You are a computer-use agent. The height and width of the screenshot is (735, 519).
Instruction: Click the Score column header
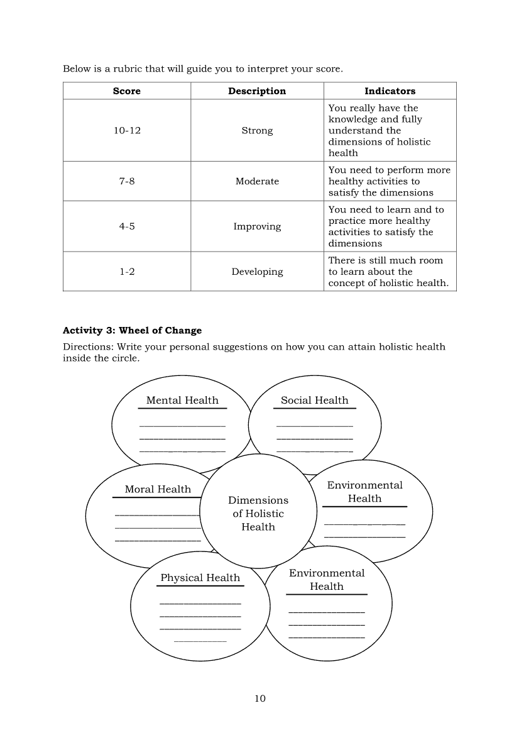click(127, 91)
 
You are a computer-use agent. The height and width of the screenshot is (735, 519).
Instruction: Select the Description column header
click(257, 91)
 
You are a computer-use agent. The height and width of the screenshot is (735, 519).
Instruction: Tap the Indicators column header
click(390, 91)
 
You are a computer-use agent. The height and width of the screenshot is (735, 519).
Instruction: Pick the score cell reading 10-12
click(127, 131)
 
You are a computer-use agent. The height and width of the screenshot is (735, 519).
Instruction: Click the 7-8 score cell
click(127, 181)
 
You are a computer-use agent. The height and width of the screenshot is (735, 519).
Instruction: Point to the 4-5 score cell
click(127, 226)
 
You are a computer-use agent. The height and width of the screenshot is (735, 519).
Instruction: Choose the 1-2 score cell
click(127, 272)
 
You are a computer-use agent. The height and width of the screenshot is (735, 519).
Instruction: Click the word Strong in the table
click(257, 131)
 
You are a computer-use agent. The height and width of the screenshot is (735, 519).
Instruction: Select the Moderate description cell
click(257, 181)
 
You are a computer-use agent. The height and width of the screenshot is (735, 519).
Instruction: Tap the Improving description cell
click(257, 226)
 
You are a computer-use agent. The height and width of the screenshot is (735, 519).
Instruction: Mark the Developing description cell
click(257, 272)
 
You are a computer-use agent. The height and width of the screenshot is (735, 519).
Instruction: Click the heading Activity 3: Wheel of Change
click(132, 331)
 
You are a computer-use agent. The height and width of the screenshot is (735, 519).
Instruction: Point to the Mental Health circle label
click(182, 401)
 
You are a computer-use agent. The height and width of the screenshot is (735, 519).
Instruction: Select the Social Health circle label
click(314, 401)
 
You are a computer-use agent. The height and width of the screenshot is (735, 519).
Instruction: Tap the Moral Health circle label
click(158, 489)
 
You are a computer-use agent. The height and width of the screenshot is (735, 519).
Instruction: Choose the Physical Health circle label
click(200, 578)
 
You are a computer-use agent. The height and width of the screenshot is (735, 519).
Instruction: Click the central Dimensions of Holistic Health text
click(258, 514)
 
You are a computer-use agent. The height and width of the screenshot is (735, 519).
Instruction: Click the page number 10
click(260, 699)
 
